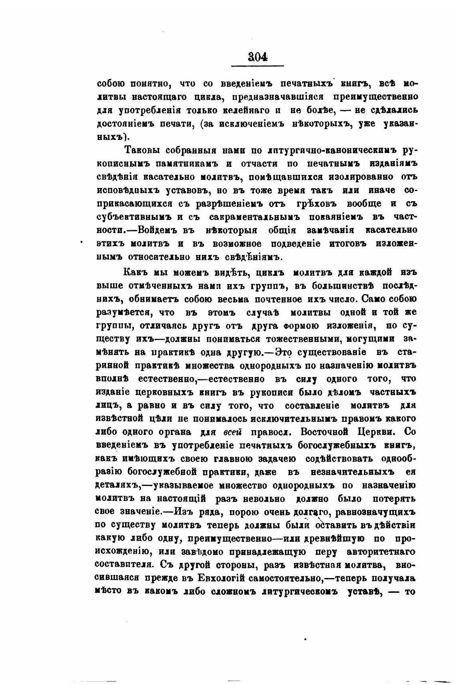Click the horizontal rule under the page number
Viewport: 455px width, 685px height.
point(258,65)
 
